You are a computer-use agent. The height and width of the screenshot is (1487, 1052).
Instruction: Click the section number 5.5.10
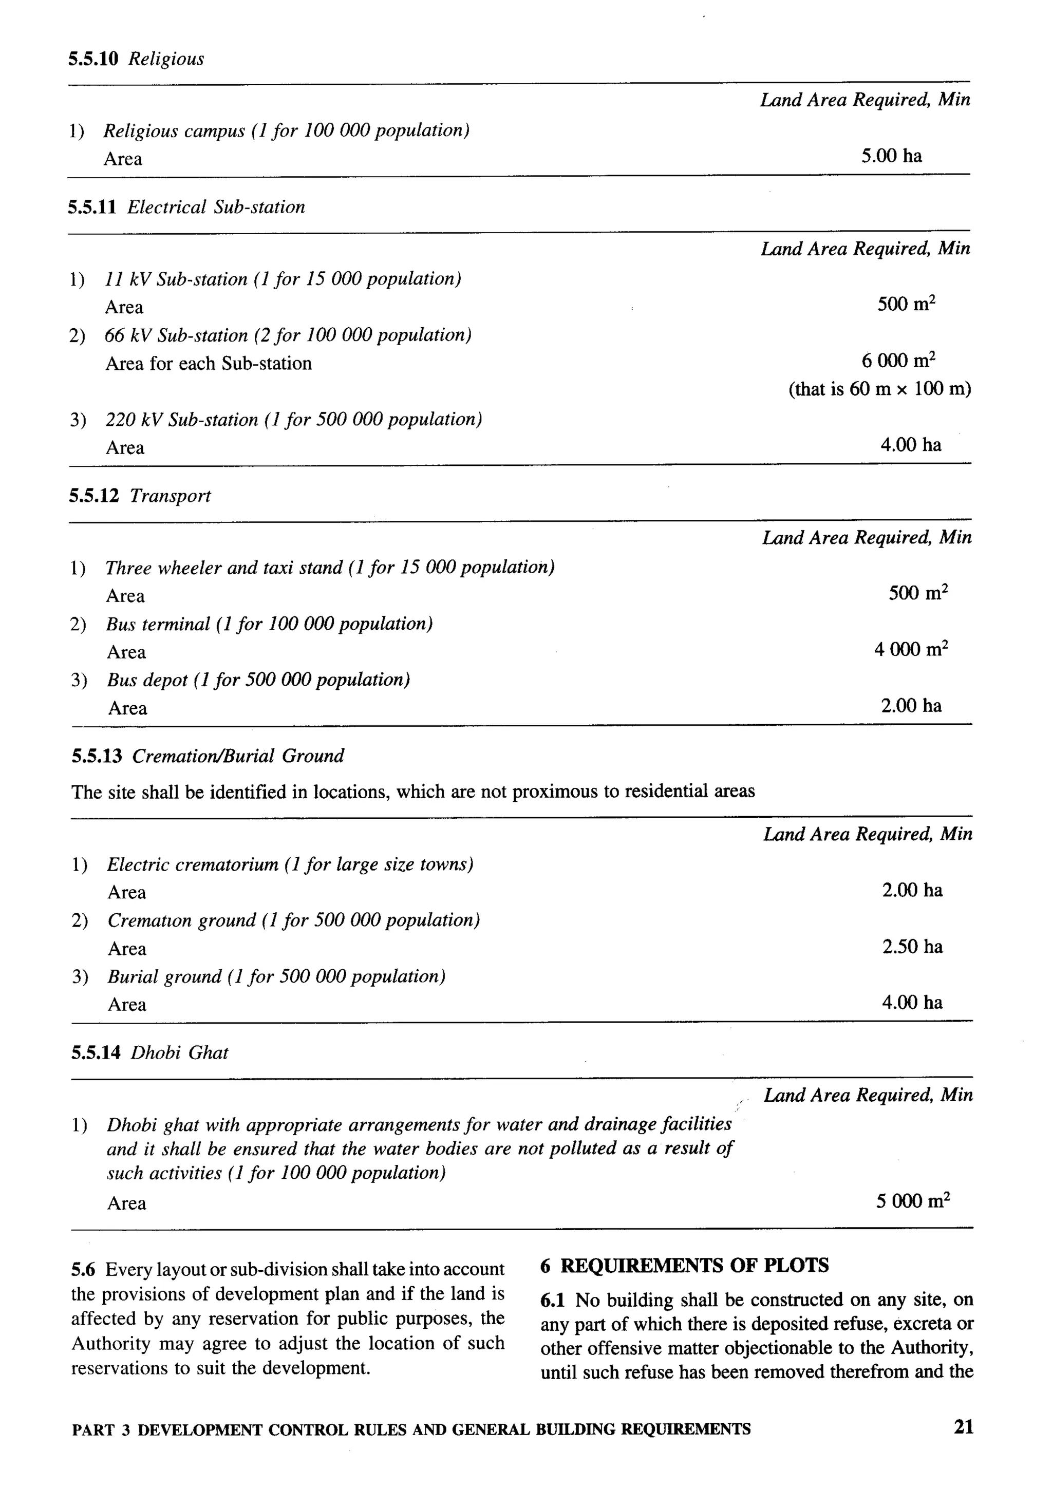tap(93, 59)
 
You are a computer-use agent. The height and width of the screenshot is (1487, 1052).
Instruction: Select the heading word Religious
tap(166, 59)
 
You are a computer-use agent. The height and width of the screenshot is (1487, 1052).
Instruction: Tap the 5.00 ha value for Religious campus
tap(891, 156)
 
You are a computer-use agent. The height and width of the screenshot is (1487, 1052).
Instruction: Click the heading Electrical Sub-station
tap(216, 207)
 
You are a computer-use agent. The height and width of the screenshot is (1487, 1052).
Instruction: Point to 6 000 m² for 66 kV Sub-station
tap(898, 360)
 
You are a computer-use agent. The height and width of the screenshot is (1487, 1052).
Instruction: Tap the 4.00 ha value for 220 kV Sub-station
tap(910, 444)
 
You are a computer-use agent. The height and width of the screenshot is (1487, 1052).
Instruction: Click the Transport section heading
tap(171, 496)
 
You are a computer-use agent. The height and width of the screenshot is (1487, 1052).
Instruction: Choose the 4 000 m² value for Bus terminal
tap(911, 649)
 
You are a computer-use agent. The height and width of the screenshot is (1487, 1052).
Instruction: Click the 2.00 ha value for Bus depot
tap(911, 705)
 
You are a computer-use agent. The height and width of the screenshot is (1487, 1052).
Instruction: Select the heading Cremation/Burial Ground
tap(238, 756)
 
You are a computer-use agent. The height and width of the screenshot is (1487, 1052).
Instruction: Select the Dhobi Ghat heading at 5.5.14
tap(179, 1052)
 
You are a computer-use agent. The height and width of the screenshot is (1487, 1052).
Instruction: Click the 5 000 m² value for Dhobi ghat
tap(913, 1201)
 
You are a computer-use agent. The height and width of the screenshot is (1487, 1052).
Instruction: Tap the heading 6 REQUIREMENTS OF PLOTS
tap(685, 1265)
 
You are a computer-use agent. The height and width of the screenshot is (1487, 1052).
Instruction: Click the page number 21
tap(963, 1427)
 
